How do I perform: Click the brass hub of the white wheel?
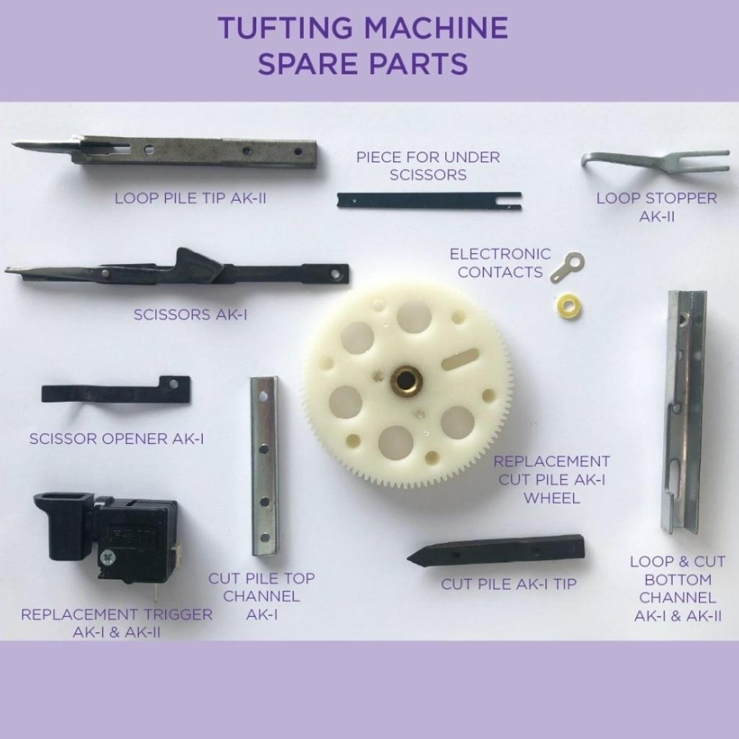tap(406, 379)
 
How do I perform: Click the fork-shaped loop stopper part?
tap(655, 162)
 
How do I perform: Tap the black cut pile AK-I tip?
tap(497, 551)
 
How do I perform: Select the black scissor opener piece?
tap(116, 390)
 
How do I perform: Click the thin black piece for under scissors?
tap(429, 201)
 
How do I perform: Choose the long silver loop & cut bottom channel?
tap(684, 411)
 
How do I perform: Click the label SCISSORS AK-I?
tap(191, 315)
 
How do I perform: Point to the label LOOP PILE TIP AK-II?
tap(191, 198)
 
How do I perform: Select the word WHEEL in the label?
tap(551, 498)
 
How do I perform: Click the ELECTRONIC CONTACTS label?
tap(500, 263)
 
